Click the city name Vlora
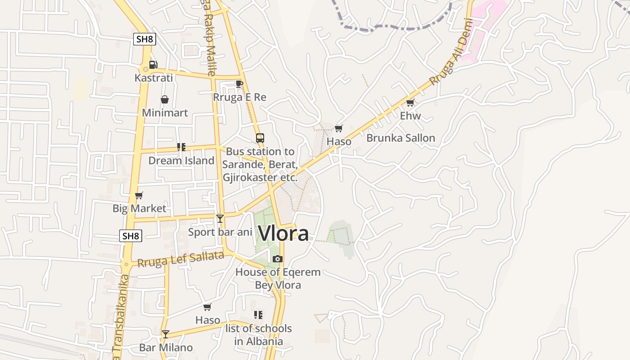tap(283, 234)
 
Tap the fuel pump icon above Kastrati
tap(153, 65)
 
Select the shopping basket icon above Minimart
tap(165, 99)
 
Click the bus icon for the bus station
tap(260, 138)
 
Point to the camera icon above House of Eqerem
tap(278, 259)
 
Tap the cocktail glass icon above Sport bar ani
tap(220, 219)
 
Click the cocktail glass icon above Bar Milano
tap(166, 334)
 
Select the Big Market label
tap(139, 208)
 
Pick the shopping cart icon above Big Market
tap(139, 196)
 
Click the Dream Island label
tap(181, 161)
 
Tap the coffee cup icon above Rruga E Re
tap(239, 84)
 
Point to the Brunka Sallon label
tap(400, 138)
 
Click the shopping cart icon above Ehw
tap(410, 103)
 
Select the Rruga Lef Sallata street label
tap(180, 260)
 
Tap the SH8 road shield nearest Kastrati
tap(145, 39)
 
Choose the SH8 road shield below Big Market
tap(130, 236)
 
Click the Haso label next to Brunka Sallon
tap(339, 142)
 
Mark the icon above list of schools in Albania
tap(258, 315)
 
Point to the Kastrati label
tap(153, 78)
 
